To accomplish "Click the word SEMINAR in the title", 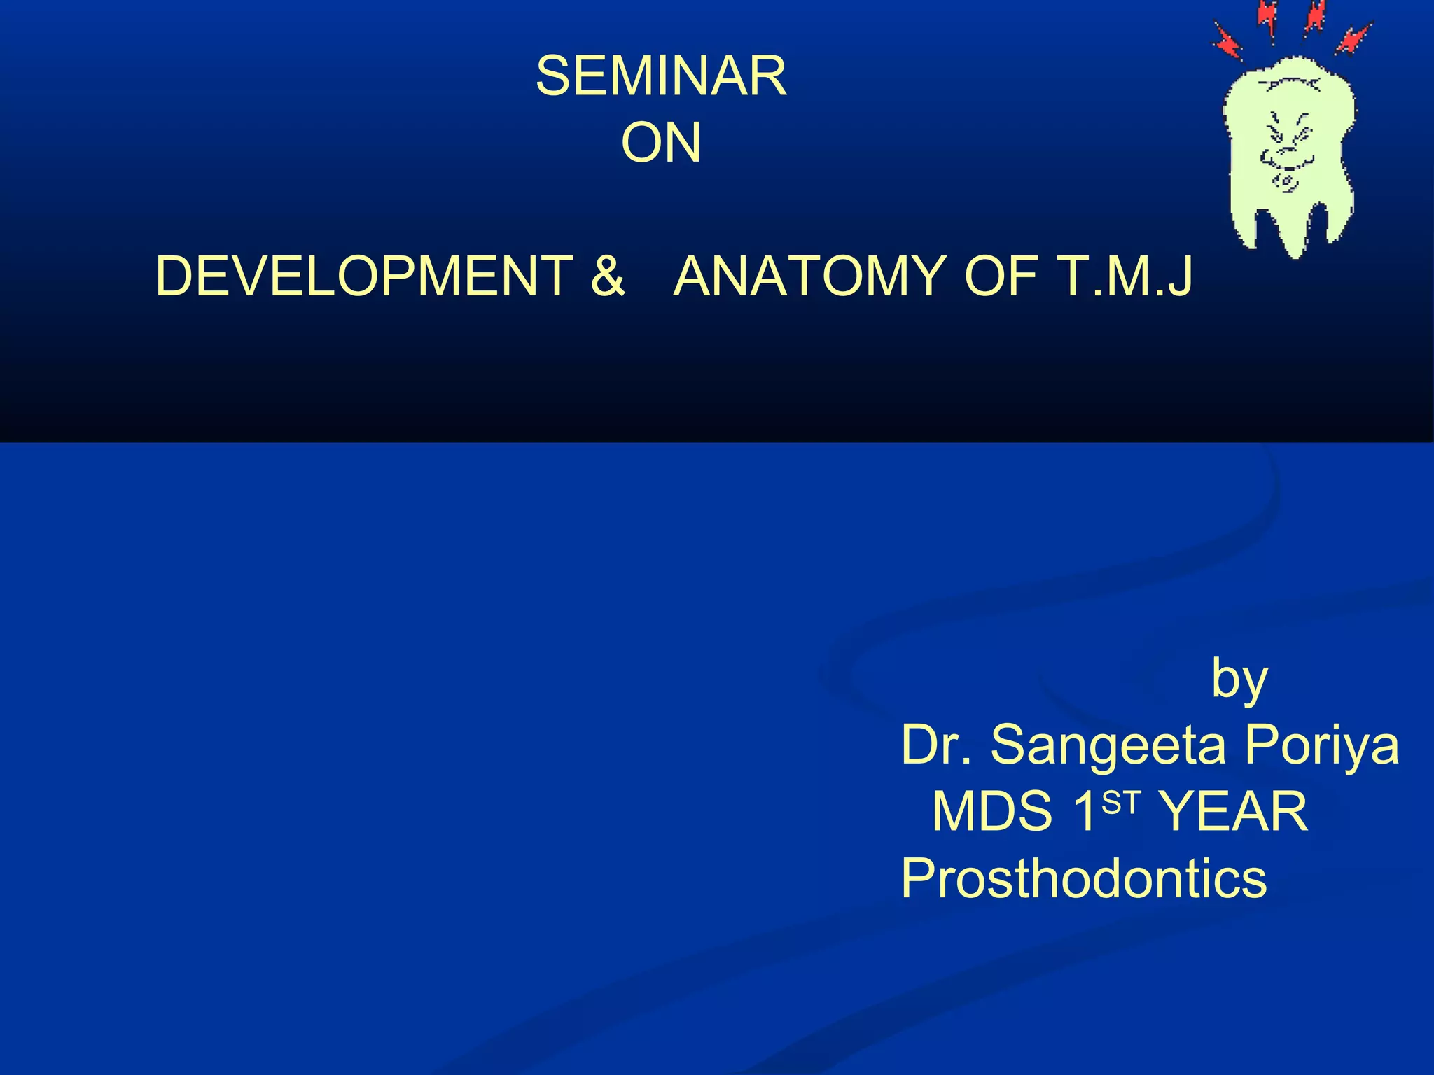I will click(x=661, y=76).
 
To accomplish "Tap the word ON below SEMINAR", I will click(x=661, y=143).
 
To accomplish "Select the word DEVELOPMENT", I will click(x=364, y=276).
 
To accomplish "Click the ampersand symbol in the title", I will click(x=607, y=276).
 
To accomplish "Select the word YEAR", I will click(x=1234, y=812).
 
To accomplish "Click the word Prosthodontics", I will click(x=1083, y=879).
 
